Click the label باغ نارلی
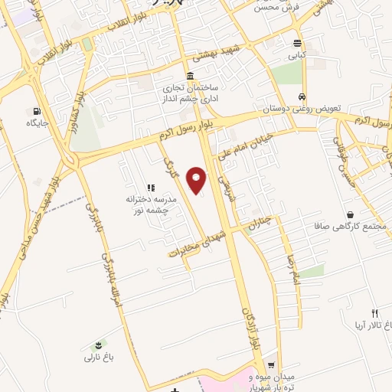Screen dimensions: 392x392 (x=97, y=357)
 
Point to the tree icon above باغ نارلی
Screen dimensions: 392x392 (x=97, y=345)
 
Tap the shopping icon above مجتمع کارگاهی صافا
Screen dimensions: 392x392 (x=350, y=215)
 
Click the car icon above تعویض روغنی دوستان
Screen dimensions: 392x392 (x=303, y=97)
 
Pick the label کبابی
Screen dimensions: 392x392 (x=297, y=55)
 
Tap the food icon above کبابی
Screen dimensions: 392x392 (x=297, y=43)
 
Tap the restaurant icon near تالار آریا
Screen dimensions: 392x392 (x=374, y=313)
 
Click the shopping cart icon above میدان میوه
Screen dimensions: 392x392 (x=271, y=364)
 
